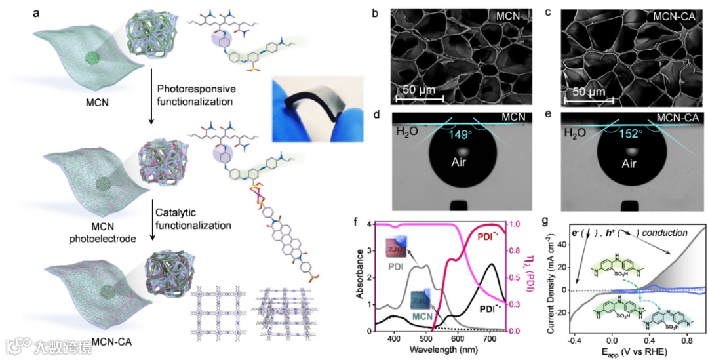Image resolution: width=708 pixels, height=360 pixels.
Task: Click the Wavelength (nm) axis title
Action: click(x=434, y=351)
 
